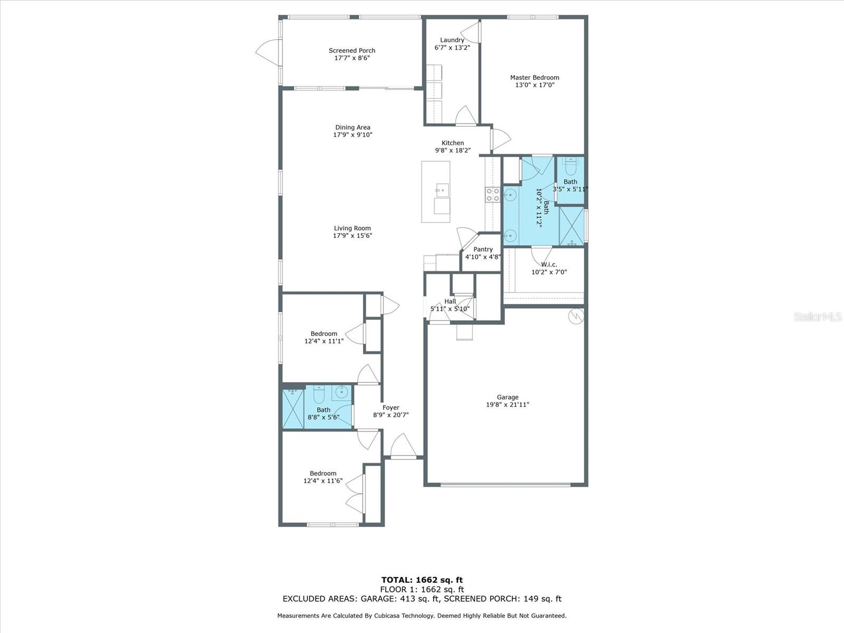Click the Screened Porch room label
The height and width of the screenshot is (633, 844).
pyautogui.click(x=352, y=50)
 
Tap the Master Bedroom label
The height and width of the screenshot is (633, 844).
pyautogui.click(x=534, y=77)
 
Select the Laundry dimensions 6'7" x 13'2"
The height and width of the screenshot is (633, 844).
pyautogui.click(x=452, y=47)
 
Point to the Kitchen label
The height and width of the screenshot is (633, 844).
pyautogui.click(x=453, y=143)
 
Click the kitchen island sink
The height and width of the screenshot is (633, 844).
pyautogui.click(x=442, y=189)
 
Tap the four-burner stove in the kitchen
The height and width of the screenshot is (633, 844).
pyautogui.click(x=492, y=195)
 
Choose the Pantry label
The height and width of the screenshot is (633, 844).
pyautogui.click(x=483, y=249)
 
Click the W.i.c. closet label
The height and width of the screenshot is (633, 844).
pyautogui.click(x=549, y=264)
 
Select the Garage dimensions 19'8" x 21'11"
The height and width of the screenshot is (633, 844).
pyautogui.click(x=507, y=404)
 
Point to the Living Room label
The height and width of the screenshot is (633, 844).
pyautogui.click(x=352, y=228)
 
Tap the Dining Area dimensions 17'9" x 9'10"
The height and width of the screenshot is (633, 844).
pyautogui.click(x=352, y=135)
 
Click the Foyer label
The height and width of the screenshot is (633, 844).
pyautogui.click(x=391, y=407)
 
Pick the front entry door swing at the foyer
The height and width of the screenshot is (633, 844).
pyautogui.click(x=404, y=446)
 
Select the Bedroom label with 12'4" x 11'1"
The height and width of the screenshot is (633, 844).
pyautogui.click(x=324, y=333)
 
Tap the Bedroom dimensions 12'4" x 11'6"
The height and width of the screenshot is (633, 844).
pyautogui.click(x=323, y=481)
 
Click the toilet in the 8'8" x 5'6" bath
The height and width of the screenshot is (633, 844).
pyautogui.click(x=319, y=394)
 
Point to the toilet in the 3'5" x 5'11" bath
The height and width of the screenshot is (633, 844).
pyautogui.click(x=571, y=166)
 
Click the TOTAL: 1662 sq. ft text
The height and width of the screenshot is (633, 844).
pyautogui.click(x=422, y=580)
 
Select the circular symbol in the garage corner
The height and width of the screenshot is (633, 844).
pyautogui.click(x=576, y=316)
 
